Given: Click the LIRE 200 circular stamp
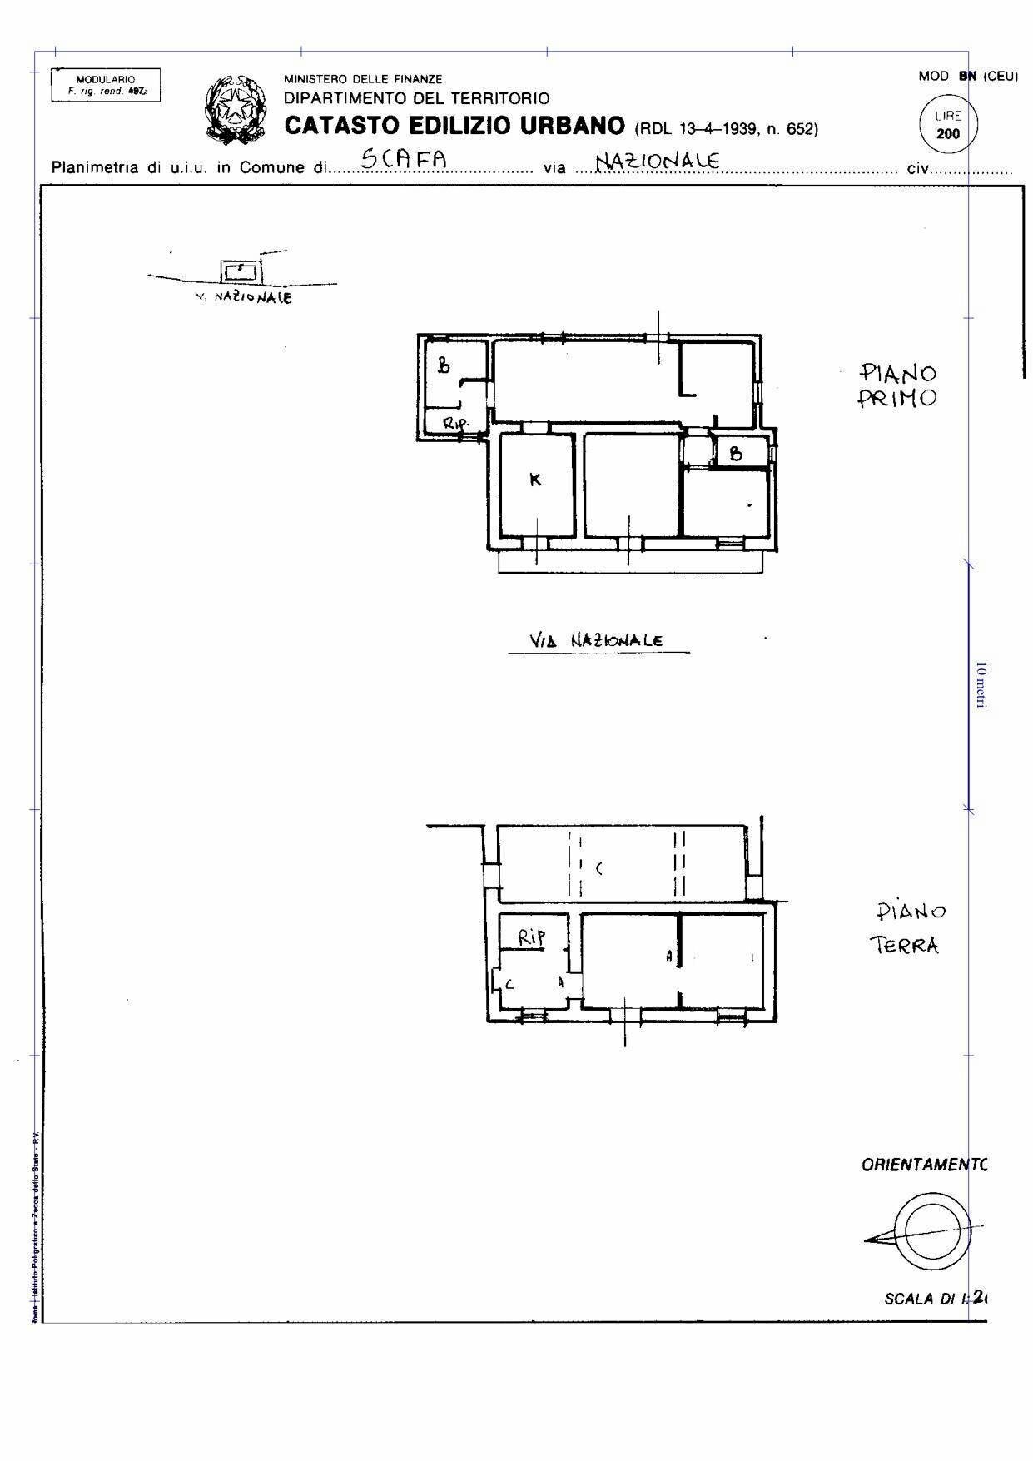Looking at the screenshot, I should coord(947,125).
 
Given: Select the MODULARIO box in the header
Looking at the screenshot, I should coord(106,85).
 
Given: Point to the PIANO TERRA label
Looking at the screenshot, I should coord(907,927).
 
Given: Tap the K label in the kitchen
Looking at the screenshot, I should coord(535,480).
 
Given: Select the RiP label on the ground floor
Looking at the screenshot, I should coord(532,937).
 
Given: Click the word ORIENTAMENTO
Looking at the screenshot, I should coord(923,1165).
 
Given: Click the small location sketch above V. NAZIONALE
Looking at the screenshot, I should coord(239,271).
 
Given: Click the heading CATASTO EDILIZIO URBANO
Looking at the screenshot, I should coord(454,126).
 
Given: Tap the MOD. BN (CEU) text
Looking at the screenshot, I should coord(967,77).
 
